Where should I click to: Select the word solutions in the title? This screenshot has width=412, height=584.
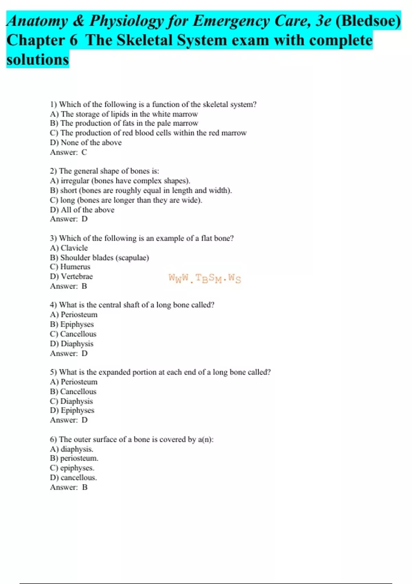[38, 59]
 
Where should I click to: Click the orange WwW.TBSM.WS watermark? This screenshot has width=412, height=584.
[205, 278]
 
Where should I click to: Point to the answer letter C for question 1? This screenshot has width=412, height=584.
[84, 152]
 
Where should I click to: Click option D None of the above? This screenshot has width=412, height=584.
[86, 143]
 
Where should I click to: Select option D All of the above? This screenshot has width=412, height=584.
[82, 210]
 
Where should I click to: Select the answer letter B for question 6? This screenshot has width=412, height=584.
[85, 487]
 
